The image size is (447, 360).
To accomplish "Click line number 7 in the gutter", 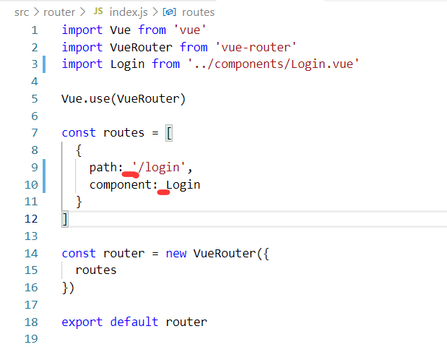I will point(33,132).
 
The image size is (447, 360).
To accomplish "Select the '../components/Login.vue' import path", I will point(273,64).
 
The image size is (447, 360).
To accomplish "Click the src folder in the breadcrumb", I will point(21,12).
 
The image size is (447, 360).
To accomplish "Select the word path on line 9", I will point(103,168).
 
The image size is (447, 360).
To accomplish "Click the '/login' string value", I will point(162,168).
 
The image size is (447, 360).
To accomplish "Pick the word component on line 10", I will point(121,184).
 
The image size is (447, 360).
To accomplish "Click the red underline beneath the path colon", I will point(131,174).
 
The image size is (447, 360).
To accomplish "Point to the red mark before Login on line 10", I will point(163,192).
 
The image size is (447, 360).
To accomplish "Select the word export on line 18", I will point(82,322).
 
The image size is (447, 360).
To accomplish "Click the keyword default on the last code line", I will point(135,322).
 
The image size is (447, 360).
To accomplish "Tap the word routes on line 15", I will point(96,270).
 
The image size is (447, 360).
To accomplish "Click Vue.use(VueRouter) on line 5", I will point(123,98).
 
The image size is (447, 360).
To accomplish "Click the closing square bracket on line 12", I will point(65,218).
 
